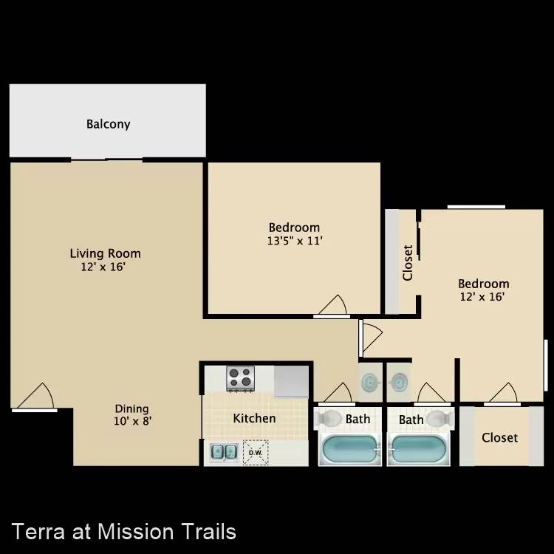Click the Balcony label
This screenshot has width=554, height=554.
108,124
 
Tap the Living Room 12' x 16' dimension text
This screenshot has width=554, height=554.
103,267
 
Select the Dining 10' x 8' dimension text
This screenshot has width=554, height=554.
132,421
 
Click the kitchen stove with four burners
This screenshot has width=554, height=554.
240,378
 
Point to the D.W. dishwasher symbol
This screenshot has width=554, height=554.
256,453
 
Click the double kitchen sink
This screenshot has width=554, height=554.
224,452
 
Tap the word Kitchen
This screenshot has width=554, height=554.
254,418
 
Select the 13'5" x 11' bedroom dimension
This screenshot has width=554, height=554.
295,241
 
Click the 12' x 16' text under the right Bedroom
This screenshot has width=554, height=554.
482,296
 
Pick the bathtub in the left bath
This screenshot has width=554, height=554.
350,449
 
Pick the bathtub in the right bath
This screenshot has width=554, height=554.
419,449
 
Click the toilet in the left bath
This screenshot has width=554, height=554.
328,418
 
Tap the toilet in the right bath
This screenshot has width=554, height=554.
440,418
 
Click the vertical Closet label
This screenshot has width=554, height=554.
408,263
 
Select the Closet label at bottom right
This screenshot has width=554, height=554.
499,438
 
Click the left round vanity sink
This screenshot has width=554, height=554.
370,382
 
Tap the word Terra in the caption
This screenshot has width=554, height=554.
38,532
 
